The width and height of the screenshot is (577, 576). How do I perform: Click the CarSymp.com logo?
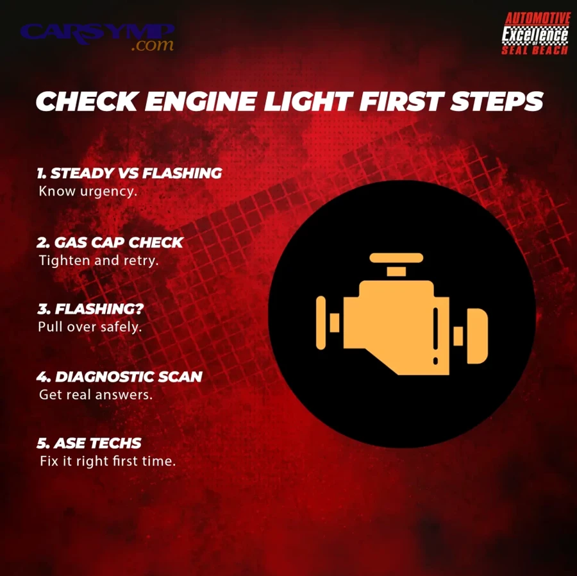tap(97, 37)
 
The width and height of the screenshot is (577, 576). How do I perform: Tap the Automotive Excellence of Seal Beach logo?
tap(536, 33)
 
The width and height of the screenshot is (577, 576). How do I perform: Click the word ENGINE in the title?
tap(201, 101)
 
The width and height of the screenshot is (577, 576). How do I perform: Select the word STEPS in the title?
tap(496, 101)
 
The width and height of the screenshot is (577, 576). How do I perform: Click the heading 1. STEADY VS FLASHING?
tap(129, 173)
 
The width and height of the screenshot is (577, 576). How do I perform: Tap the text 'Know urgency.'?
tap(88, 191)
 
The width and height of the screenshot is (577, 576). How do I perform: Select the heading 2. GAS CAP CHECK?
tap(110, 242)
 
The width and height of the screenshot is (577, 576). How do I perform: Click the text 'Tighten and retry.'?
tap(99, 260)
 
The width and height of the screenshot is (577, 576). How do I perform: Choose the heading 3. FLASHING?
tap(90, 309)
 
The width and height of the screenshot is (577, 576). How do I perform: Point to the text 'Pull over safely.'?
tap(90, 327)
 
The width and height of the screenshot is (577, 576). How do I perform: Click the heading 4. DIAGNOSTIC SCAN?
tap(119, 377)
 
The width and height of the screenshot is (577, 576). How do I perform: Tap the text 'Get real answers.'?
tap(96, 395)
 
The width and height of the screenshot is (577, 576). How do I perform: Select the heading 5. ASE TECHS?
tap(88, 443)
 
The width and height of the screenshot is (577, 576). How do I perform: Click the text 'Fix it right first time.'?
tap(108, 461)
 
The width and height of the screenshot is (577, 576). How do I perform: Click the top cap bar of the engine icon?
tap(396, 258)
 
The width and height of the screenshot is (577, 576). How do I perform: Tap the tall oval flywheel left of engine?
tap(321, 323)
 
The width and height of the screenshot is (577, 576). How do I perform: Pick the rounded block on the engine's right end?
tap(477, 335)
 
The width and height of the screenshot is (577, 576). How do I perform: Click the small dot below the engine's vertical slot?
tap(436, 360)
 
